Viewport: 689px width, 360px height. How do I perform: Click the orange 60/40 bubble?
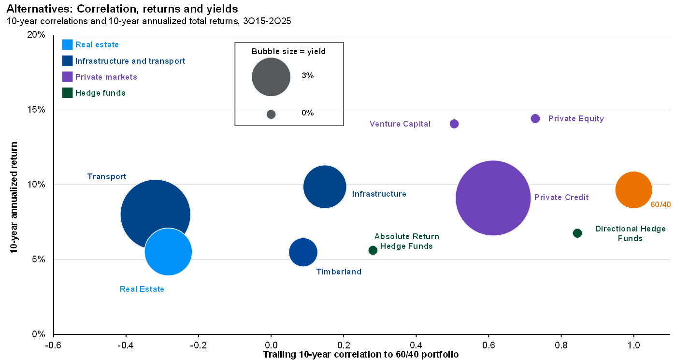(x=633, y=190)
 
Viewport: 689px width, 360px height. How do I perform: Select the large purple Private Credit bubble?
(x=493, y=198)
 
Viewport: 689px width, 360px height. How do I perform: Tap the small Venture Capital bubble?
(x=454, y=124)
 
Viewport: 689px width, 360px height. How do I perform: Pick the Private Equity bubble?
(x=535, y=118)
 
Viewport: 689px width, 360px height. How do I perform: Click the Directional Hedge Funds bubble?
(x=577, y=233)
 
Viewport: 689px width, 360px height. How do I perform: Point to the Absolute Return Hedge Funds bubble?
(x=373, y=250)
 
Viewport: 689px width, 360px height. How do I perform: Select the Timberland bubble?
(x=303, y=252)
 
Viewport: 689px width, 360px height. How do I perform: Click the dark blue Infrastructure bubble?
(x=325, y=187)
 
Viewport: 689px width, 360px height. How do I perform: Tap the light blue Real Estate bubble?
(x=168, y=252)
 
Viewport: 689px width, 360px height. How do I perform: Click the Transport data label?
(x=106, y=177)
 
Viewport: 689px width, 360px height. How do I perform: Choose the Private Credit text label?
(x=561, y=197)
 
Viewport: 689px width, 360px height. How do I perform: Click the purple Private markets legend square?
(x=67, y=77)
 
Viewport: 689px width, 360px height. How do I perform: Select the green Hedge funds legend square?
(x=67, y=93)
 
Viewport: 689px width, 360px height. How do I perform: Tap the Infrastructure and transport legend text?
(x=130, y=61)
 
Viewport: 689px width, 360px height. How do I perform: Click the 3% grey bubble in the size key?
(x=271, y=77)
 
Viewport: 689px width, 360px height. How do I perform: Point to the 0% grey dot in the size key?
(x=271, y=114)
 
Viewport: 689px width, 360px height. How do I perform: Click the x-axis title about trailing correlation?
(x=360, y=354)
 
